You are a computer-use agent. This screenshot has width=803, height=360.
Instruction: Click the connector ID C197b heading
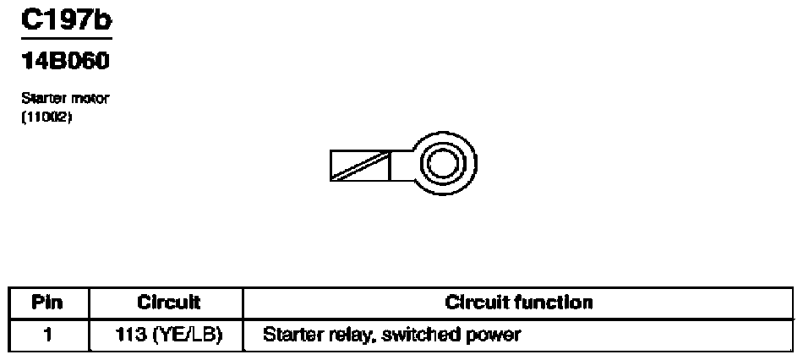point(67,20)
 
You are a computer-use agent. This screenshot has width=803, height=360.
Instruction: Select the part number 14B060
point(66,62)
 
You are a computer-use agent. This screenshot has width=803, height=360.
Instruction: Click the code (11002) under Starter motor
point(46,117)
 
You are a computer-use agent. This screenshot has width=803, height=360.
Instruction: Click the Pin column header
point(47,303)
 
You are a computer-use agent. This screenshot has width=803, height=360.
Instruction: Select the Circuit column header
point(168,303)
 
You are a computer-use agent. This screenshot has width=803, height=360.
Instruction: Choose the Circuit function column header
point(518,303)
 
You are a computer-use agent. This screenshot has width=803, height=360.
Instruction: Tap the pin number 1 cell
point(47,335)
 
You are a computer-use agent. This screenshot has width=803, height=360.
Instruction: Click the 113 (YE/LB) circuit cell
point(168,335)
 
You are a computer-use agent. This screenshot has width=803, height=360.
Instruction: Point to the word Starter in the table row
point(287,335)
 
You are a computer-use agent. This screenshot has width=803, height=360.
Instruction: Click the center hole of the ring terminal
point(442,164)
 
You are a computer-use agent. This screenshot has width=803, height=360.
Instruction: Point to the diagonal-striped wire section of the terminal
point(360,166)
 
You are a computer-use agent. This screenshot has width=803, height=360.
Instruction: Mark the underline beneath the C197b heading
point(67,38)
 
